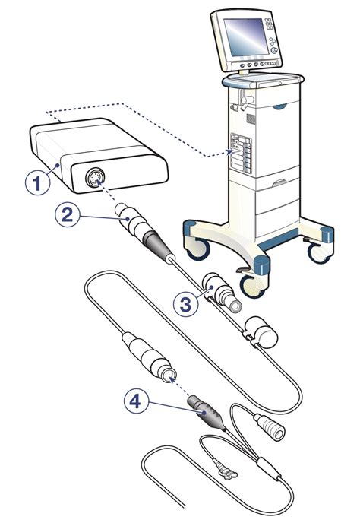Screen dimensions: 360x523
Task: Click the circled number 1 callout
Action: (x=38, y=182)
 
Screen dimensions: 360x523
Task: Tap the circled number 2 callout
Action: (x=68, y=215)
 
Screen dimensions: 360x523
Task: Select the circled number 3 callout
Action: (x=185, y=304)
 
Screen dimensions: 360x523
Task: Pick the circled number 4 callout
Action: (x=136, y=401)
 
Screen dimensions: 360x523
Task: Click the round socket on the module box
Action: (x=95, y=177)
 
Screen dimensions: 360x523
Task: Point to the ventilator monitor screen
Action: (x=245, y=36)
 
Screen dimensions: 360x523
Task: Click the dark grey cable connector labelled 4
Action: (x=207, y=413)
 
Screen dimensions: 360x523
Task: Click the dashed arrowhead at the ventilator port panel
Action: (x=229, y=152)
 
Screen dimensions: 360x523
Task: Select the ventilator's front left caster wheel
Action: (x=198, y=248)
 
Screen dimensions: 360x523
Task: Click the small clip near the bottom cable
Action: (x=226, y=471)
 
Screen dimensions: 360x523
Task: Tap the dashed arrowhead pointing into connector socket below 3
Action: (x=172, y=379)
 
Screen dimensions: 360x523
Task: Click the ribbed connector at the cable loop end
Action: (x=270, y=426)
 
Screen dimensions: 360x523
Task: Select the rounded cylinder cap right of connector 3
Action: (x=264, y=332)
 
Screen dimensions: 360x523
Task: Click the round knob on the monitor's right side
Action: (x=274, y=50)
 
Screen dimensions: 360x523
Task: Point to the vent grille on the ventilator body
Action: (x=251, y=119)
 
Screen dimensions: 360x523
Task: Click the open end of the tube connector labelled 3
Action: (x=235, y=306)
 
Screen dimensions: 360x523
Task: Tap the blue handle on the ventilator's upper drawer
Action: (x=279, y=106)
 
